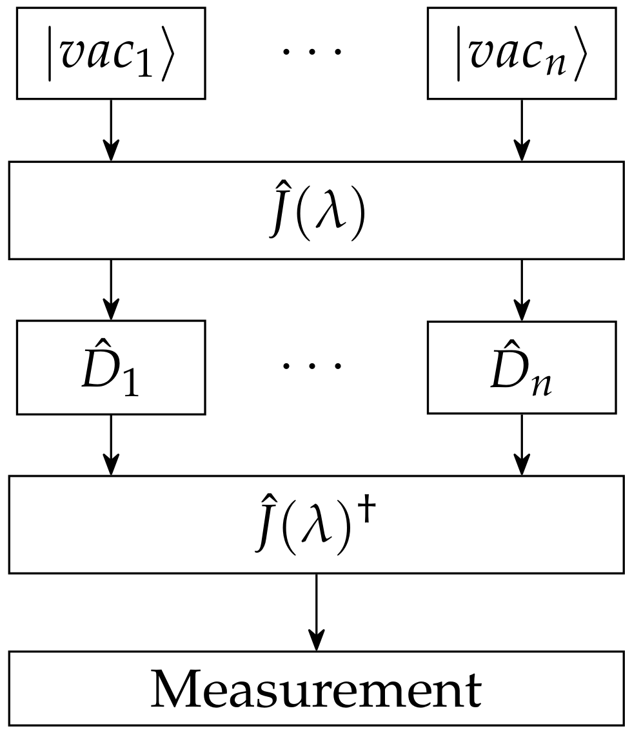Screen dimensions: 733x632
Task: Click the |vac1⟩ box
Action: pos(111,53)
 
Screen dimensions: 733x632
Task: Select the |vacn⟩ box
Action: pos(521,53)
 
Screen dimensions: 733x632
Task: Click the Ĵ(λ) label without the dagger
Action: pos(315,211)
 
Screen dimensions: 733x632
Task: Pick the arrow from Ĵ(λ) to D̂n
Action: pos(521,289)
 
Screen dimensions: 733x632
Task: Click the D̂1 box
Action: pos(111,367)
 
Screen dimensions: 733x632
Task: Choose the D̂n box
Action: pos(521,367)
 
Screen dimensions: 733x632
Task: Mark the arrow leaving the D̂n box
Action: pos(521,445)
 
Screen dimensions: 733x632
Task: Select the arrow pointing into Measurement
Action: pos(315,612)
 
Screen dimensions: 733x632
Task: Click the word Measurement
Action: pos(315,689)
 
